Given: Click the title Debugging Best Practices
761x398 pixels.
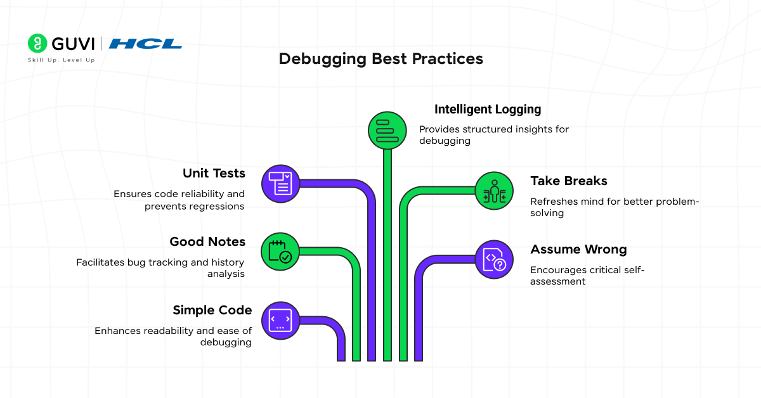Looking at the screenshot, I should coord(380,59).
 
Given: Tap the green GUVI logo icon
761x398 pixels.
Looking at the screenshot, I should coord(38,43).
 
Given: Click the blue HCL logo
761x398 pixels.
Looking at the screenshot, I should coord(145,44).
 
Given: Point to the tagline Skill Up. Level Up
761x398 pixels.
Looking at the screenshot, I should coord(61,60).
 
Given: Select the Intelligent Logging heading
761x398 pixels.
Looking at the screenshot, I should coord(487,110).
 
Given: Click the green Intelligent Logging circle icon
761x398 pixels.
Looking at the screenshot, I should coord(387,130).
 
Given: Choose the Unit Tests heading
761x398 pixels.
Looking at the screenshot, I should coord(214,174).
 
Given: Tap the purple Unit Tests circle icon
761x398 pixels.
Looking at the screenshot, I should coord(280,183).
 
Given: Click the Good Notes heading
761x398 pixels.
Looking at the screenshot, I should coord(207,241).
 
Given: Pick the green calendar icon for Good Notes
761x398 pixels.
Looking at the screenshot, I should coord(280,251).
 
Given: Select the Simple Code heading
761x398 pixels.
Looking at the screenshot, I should coord(212,310).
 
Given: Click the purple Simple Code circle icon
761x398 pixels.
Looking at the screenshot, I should coord(280,320).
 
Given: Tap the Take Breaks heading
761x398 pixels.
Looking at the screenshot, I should coord(569,181).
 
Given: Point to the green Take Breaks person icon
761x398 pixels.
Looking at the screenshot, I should coord(494,191).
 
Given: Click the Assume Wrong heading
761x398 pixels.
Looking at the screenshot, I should coord(578,250).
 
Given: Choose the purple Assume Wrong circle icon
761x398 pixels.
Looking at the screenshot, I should coord(494,259).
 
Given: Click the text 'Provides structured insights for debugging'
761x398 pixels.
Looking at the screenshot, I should coord(494,135).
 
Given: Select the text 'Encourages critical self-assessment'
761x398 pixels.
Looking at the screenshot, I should coord(587,276).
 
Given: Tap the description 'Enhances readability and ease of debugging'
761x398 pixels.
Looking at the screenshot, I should coord(173,337).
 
